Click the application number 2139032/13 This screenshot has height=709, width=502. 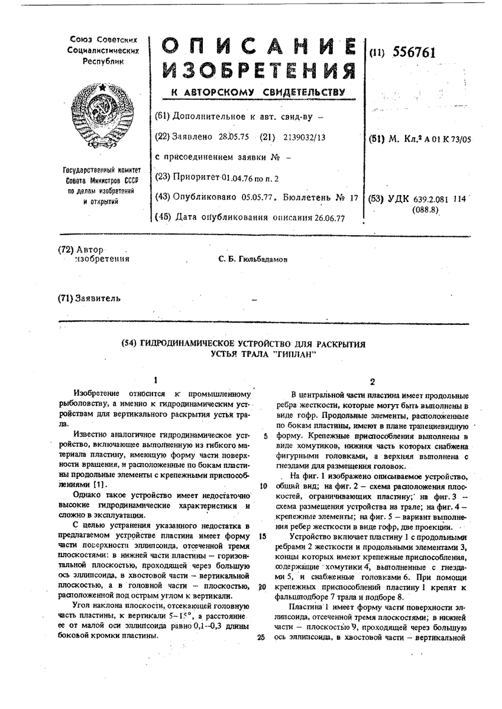click(x=302, y=136)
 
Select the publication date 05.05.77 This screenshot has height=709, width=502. click(x=256, y=198)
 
